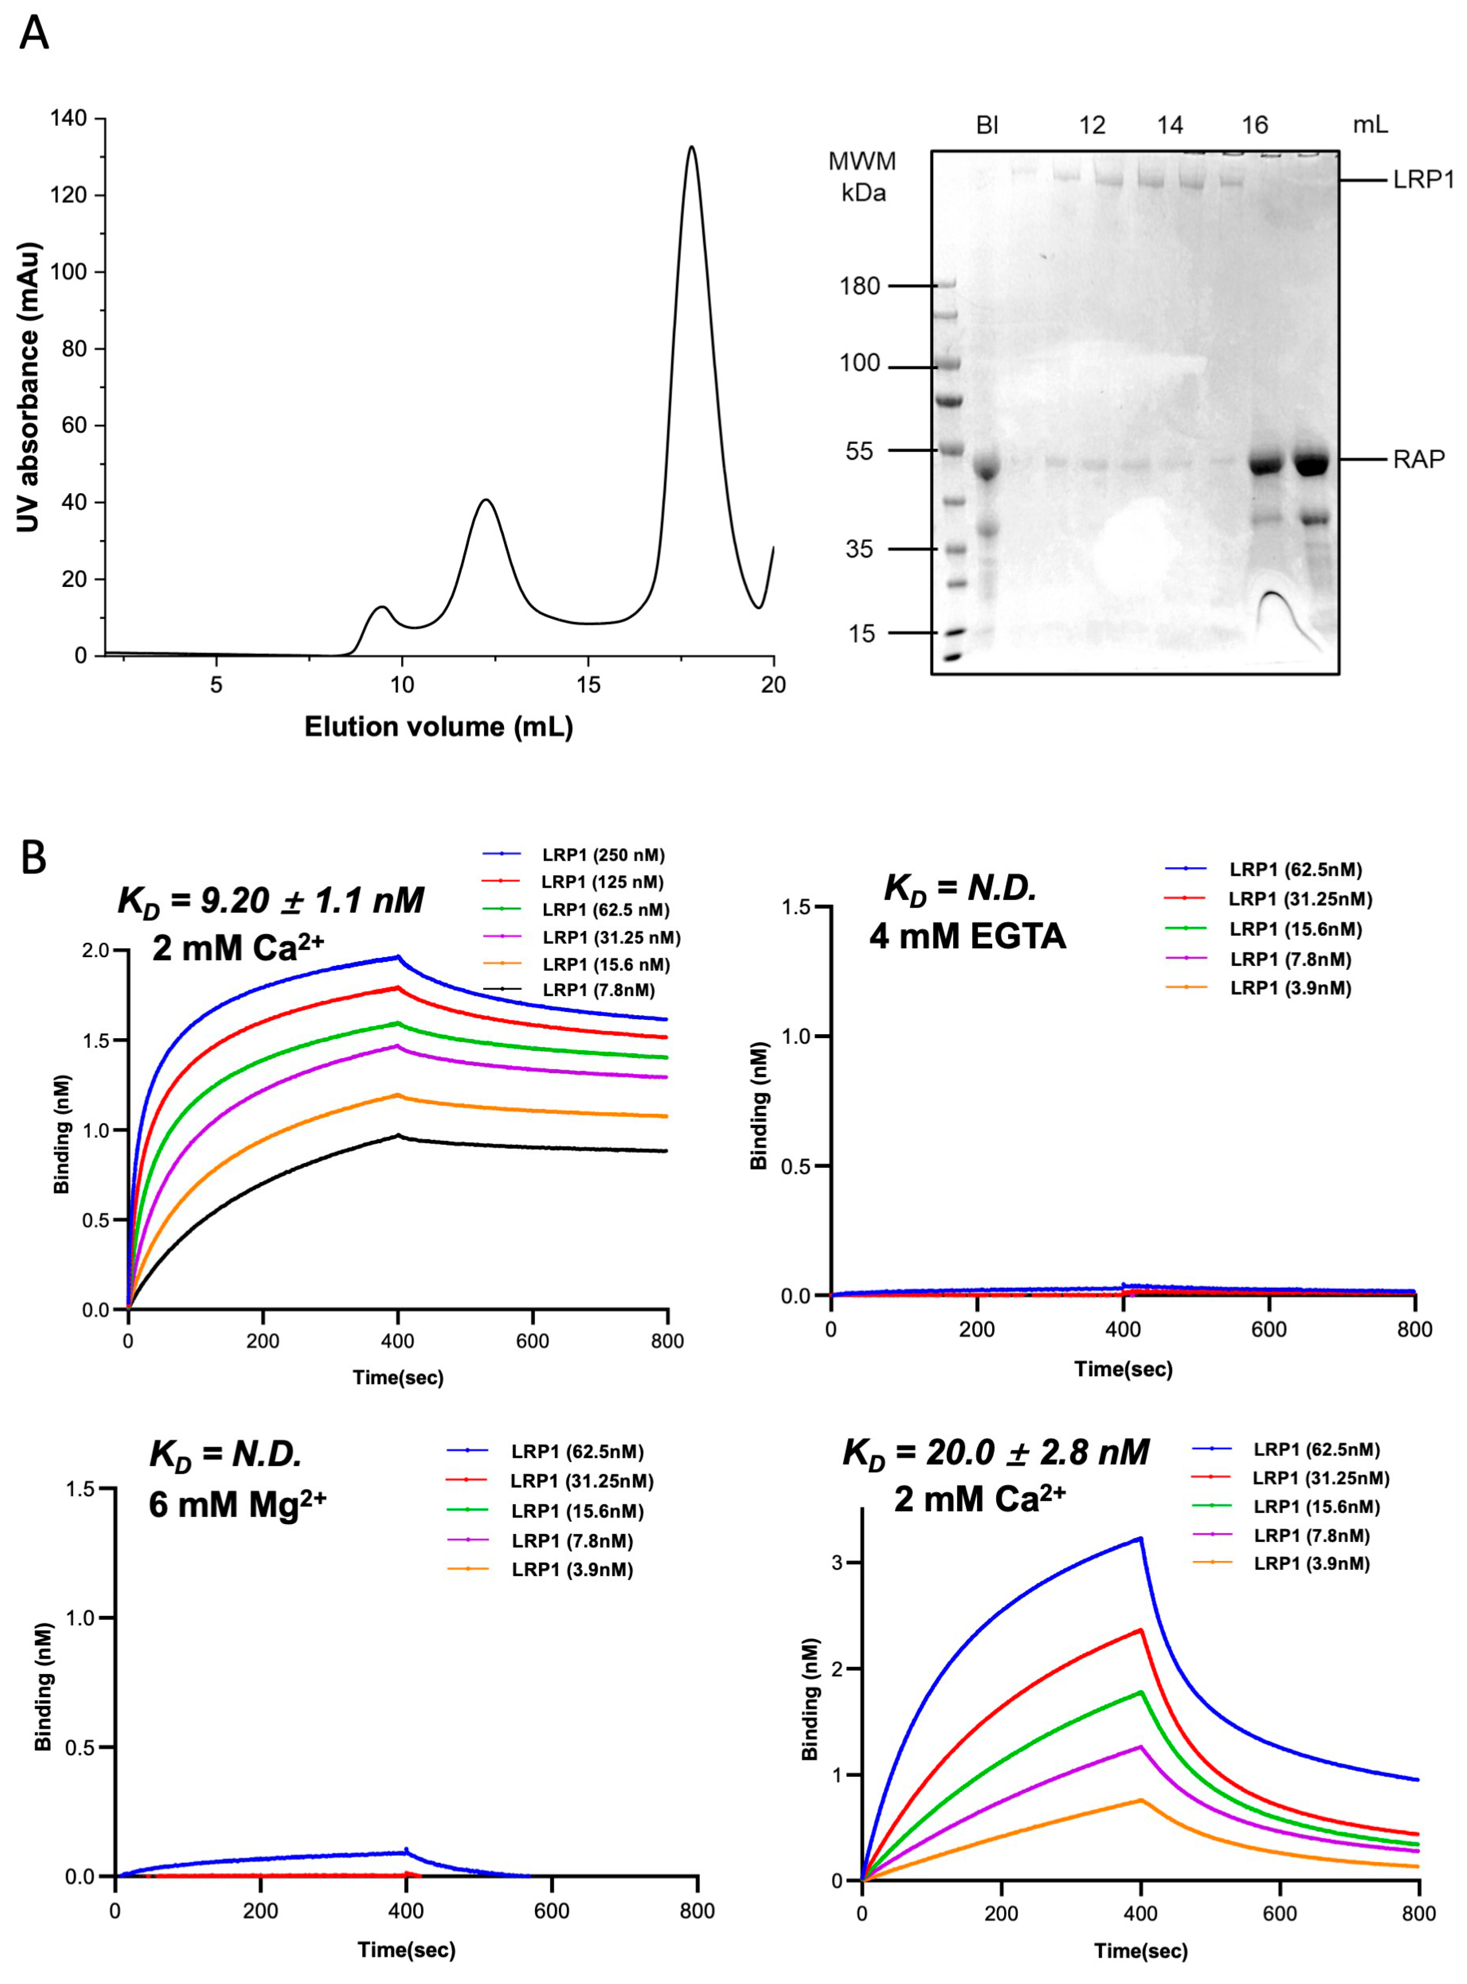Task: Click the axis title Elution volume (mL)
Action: tap(439, 727)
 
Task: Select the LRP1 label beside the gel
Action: tap(1424, 180)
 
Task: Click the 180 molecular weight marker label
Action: tap(860, 286)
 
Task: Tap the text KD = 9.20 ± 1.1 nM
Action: tap(271, 901)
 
